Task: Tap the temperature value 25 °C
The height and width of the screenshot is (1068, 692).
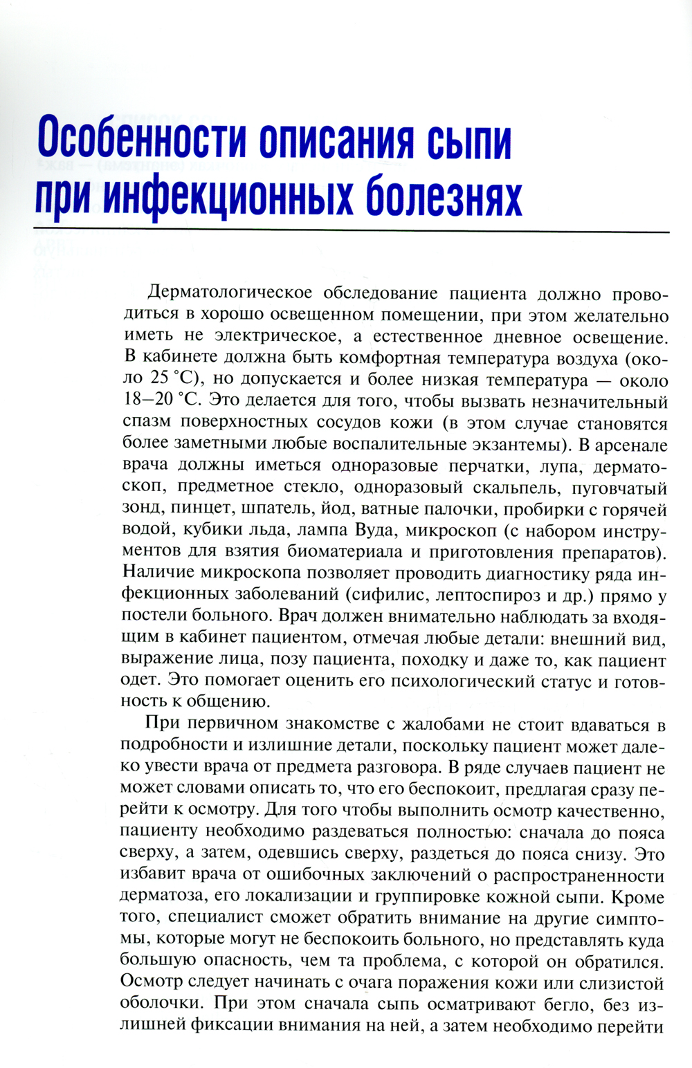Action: coord(174,380)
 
